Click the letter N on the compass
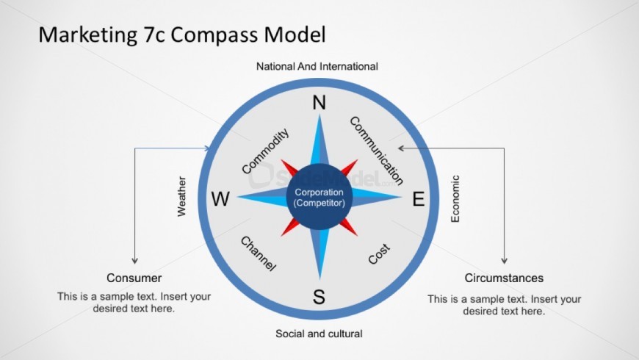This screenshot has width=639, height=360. pyautogui.click(x=319, y=102)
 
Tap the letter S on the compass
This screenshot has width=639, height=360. pyautogui.click(x=319, y=297)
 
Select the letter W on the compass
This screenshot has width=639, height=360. pyautogui.click(x=220, y=199)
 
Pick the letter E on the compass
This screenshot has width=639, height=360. pyautogui.click(x=419, y=199)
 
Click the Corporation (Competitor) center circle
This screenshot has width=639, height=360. pyautogui.click(x=319, y=198)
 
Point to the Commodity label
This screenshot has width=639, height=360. pyautogui.click(x=265, y=151)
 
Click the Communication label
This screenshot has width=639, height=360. pyautogui.click(x=377, y=151)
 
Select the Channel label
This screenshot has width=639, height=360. pyautogui.click(x=259, y=253)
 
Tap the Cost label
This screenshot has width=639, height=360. pyautogui.click(x=379, y=254)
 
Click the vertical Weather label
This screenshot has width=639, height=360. pyautogui.click(x=181, y=196)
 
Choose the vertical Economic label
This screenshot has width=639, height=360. pyautogui.click(x=455, y=199)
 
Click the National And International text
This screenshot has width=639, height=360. pyautogui.click(x=317, y=66)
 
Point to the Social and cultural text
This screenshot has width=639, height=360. pyautogui.click(x=319, y=334)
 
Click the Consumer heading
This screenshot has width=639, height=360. pyautogui.click(x=134, y=278)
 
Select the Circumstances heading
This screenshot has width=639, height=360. pyautogui.click(x=504, y=278)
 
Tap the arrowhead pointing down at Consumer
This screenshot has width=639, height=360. pyautogui.click(x=135, y=261)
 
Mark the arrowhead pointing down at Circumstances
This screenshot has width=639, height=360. pyautogui.click(x=505, y=261)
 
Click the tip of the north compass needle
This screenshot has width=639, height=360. pyautogui.click(x=319, y=115)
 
